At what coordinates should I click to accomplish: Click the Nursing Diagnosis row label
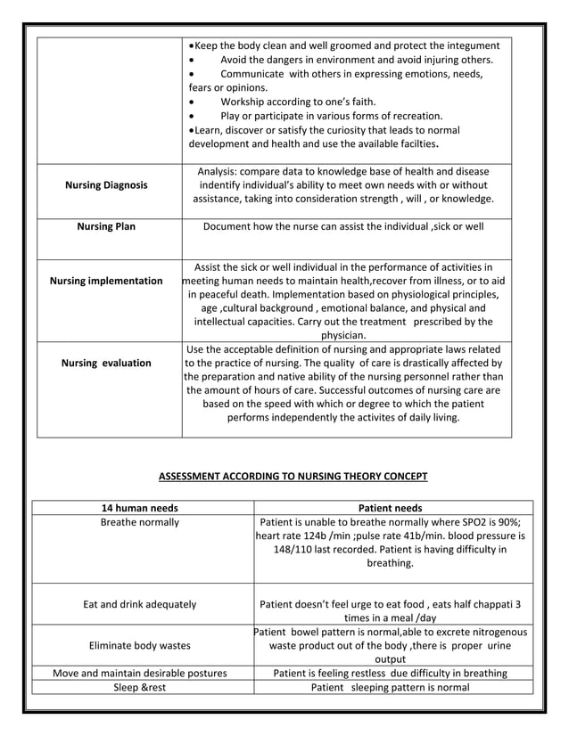click(107, 185)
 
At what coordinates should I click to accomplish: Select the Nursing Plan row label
click(107, 226)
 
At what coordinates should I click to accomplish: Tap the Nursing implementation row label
click(107, 281)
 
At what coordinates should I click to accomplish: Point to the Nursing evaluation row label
click(107, 363)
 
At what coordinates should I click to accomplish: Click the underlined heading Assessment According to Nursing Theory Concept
click(293, 476)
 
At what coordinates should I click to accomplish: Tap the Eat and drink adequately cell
click(139, 604)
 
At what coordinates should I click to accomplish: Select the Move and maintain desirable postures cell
click(139, 673)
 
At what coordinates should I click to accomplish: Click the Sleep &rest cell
click(139, 687)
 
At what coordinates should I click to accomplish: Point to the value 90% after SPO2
click(507, 522)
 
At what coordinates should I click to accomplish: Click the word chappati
click(480, 604)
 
